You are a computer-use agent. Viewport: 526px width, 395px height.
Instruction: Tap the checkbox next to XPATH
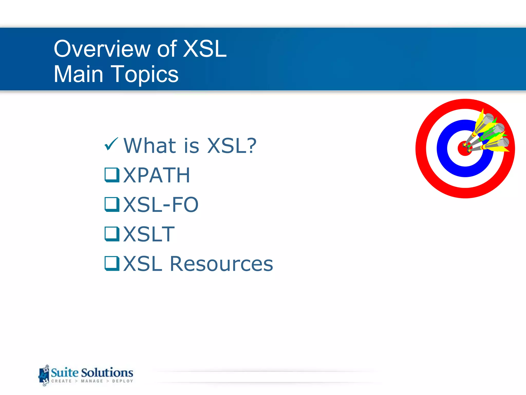coord(112,175)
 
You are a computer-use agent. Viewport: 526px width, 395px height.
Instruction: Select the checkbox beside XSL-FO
coord(112,204)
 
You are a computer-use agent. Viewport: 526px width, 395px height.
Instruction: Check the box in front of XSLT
coord(112,234)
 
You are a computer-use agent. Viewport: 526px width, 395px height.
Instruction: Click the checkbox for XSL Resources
coord(112,264)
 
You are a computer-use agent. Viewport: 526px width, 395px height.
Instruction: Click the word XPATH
coord(157,175)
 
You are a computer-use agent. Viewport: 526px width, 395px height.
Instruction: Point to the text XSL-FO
coord(161,205)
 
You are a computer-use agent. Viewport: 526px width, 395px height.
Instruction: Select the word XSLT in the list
coord(149,234)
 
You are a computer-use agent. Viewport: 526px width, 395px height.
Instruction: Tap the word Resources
coord(221,264)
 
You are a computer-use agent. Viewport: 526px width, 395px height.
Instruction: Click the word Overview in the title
coord(102,49)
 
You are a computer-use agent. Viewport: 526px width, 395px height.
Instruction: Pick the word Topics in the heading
coord(145,74)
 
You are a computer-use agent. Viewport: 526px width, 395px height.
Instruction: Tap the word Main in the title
coord(78,74)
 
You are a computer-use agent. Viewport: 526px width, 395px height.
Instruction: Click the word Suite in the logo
coord(64,373)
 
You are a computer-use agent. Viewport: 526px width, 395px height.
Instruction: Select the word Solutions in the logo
coord(107,373)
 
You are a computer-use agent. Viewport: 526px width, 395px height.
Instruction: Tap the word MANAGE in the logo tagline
coord(92,381)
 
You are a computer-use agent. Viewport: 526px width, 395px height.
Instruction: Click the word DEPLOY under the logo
coord(123,381)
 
